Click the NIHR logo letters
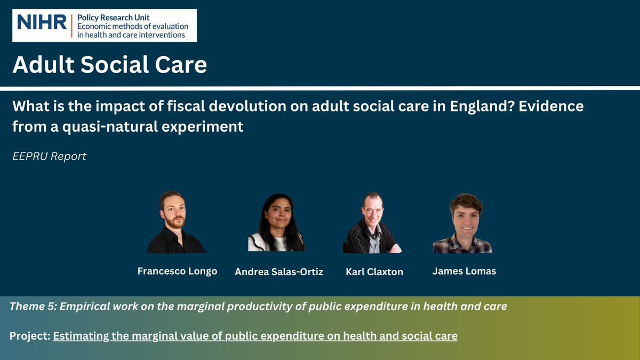(42, 22)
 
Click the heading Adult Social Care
(110, 65)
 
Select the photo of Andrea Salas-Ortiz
(276, 223)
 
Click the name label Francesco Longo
(177, 271)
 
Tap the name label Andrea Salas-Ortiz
(279, 272)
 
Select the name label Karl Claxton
(374, 272)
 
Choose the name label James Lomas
(464, 271)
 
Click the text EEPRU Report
(50, 157)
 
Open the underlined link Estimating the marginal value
(255, 337)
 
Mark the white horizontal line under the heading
(320, 87)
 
